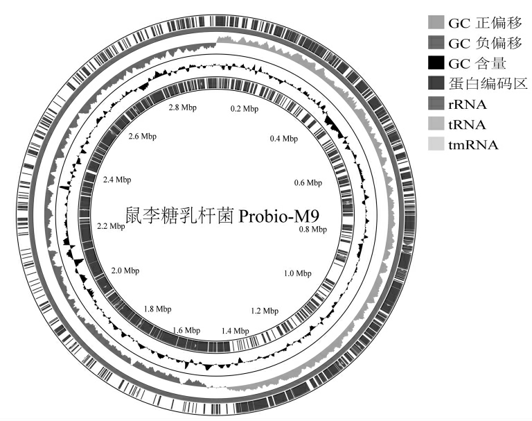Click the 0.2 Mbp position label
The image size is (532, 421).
(245, 109)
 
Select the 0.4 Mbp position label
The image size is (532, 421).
(284, 138)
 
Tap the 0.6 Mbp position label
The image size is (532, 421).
(308, 182)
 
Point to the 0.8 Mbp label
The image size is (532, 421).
(313, 230)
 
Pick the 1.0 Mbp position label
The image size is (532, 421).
(298, 273)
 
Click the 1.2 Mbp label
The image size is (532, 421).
(265, 311)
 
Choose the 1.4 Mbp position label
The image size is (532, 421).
(235, 331)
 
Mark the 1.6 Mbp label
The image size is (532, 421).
(186, 330)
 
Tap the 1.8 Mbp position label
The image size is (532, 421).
(157, 309)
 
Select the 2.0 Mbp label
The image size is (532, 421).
(125, 270)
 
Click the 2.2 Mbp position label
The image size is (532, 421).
(111, 226)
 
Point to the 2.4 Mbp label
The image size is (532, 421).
(117, 180)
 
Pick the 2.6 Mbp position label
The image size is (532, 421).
(143, 136)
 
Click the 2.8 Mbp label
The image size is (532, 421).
(183, 108)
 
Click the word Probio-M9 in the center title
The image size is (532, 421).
(279, 216)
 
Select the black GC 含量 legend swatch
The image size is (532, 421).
(436, 63)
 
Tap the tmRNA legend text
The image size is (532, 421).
(473, 145)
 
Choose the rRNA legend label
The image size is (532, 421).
(467, 104)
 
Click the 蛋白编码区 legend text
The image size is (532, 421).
(488, 83)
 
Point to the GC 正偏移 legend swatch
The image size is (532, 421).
(436, 22)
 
